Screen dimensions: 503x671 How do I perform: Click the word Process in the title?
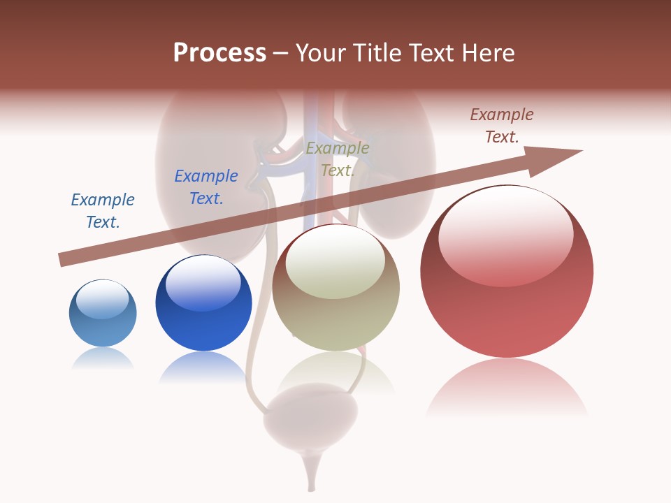click(x=219, y=53)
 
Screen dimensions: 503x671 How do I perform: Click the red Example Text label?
click(x=502, y=126)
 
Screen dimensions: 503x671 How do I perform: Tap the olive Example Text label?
click(x=338, y=159)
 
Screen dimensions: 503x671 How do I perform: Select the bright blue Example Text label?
click(x=206, y=187)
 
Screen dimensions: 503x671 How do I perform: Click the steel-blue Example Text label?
click(x=103, y=211)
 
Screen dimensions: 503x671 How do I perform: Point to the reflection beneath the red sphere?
click(x=507, y=388)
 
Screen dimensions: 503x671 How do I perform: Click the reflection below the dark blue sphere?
click(x=203, y=367)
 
